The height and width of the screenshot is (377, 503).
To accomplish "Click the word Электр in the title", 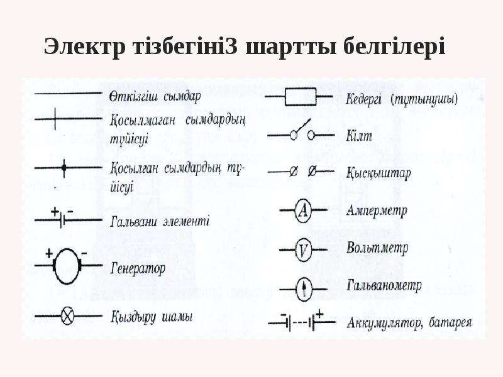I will [82, 47].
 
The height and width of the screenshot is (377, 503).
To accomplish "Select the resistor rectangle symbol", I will [300, 97].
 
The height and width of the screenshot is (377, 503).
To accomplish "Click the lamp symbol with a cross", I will [68, 315].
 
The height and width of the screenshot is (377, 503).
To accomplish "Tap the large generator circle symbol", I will [68, 266].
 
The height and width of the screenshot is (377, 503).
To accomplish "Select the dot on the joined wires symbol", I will [64, 168].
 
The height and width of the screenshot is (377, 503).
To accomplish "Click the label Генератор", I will [138, 269].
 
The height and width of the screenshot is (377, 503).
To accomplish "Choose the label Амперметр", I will [377, 210].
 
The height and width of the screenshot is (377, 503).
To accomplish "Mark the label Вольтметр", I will [377, 248].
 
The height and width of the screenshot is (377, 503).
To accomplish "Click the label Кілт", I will [359, 136].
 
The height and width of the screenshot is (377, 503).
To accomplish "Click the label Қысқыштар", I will [378, 173].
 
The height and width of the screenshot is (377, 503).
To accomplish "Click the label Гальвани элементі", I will [159, 221].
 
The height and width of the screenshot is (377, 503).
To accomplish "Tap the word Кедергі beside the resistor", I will [365, 99].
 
